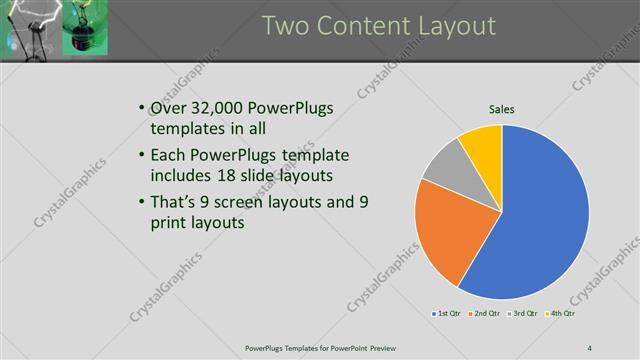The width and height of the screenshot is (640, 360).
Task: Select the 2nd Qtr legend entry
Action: tap(484, 315)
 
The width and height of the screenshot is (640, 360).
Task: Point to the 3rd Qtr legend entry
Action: tap(521, 315)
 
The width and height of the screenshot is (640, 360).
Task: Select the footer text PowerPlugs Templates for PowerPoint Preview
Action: tap(320, 347)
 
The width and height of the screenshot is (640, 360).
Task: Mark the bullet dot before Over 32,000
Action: tap(139, 108)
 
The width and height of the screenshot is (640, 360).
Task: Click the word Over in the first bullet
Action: tap(166, 108)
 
